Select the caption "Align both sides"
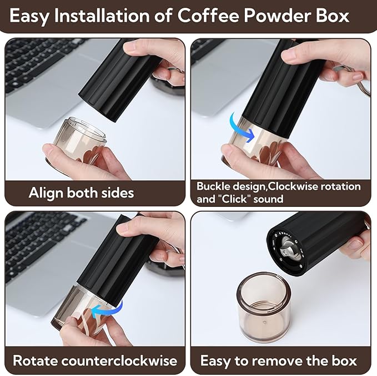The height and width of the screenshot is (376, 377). pos(81,193)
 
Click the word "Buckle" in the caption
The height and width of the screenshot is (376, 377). pos(213,186)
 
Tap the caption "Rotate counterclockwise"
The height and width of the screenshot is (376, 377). pos(94,360)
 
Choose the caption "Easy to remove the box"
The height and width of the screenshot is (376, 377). pos(278,360)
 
